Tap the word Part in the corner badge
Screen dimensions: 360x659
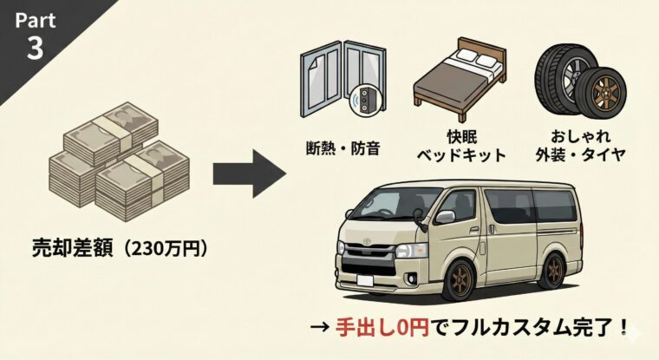click(x=34, y=18)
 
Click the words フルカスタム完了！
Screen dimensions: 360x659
click(x=525, y=331)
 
